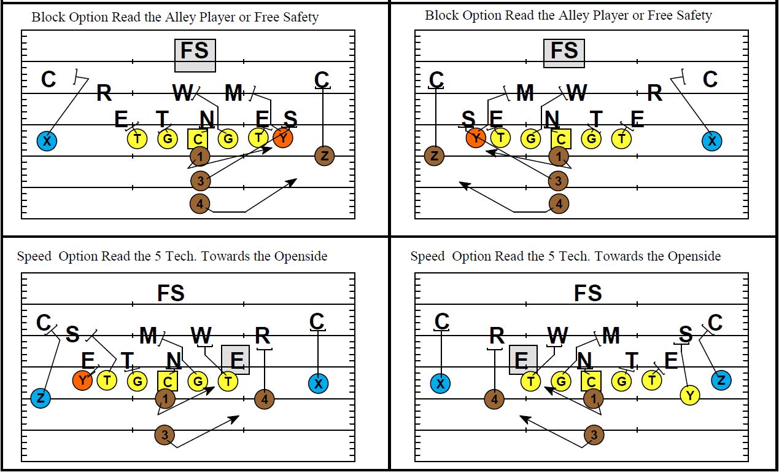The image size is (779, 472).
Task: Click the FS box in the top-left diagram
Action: point(195,55)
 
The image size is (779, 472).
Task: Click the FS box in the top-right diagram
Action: point(564,53)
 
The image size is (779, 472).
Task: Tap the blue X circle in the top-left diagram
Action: point(47,141)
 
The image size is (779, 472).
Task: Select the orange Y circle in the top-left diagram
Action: point(282,138)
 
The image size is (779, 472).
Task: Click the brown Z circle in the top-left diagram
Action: point(324,156)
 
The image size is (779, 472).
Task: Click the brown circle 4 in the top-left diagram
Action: point(199,203)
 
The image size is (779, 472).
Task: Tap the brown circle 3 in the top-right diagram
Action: point(558,181)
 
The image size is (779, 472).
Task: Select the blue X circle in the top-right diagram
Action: point(712,141)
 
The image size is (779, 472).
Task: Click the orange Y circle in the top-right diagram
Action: point(476,138)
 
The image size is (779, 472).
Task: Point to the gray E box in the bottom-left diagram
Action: point(236,359)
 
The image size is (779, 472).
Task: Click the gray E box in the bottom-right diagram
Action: point(524,359)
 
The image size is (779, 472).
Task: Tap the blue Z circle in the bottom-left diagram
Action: point(41,398)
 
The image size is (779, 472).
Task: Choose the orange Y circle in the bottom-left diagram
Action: point(83,381)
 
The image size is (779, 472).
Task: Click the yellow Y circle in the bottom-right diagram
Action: point(691,395)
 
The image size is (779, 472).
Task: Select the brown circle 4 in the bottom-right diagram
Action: point(494,399)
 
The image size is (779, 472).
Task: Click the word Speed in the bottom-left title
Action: point(34,256)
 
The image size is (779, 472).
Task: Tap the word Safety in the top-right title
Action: point(692,15)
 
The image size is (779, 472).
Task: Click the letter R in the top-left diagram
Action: point(104,94)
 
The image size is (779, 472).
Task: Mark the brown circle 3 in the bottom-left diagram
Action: point(165,435)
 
